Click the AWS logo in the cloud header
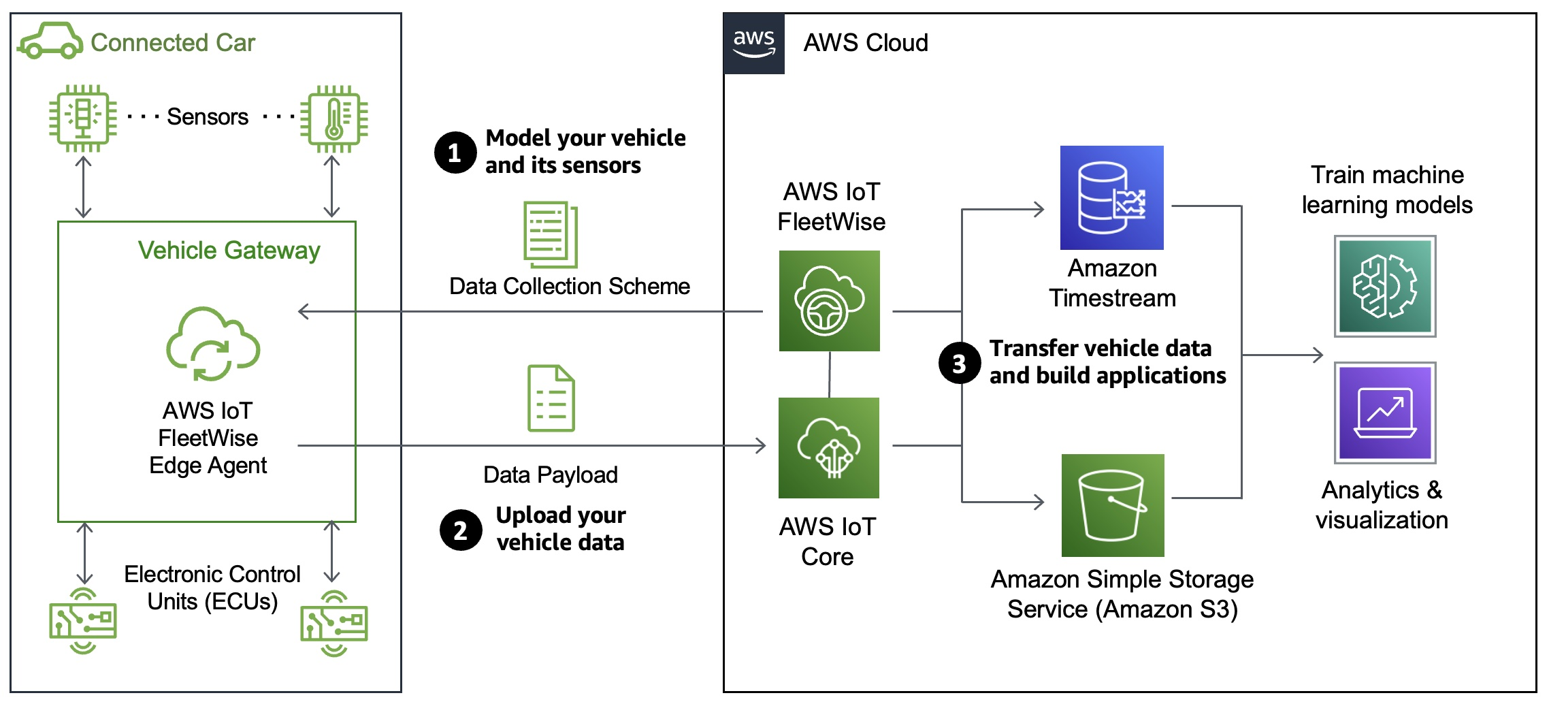tap(753, 44)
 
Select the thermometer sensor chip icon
tap(333, 118)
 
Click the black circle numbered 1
tap(455, 153)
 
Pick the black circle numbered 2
tap(461, 530)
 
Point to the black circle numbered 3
tap(959, 363)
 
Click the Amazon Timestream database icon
tap(1111, 197)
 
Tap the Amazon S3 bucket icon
tap(1113, 505)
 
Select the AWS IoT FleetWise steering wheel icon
tap(829, 301)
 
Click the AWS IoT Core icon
tap(828, 447)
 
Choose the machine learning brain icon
tap(1385, 286)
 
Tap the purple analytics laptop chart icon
tap(1385, 413)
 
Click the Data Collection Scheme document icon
tap(551, 234)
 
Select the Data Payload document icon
tap(551, 398)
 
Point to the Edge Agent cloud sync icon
tap(212, 344)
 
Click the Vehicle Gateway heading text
tap(229, 251)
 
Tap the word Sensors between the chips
tap(208, 117)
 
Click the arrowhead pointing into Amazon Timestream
tap(1039, 209)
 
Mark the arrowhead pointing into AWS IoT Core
tap(761, 446)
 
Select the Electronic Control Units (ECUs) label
tap(212, 588)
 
